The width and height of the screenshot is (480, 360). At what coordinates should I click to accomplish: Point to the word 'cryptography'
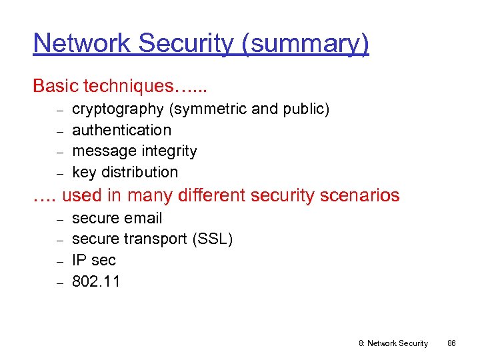117,109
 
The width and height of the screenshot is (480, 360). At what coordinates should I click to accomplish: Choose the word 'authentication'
121,130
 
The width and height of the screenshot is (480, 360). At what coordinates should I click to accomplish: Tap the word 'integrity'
171,151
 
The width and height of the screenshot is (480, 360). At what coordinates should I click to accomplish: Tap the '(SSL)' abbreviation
212,239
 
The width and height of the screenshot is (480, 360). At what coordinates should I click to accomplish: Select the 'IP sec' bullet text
93,260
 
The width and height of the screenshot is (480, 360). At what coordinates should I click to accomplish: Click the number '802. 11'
96,281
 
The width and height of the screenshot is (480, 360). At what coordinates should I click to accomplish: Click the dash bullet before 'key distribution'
59,173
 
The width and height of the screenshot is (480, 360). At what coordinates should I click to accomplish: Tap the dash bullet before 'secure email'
59,219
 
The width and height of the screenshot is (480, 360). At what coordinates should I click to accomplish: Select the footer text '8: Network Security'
393,343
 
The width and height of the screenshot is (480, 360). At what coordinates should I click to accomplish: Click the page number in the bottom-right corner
451,343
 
